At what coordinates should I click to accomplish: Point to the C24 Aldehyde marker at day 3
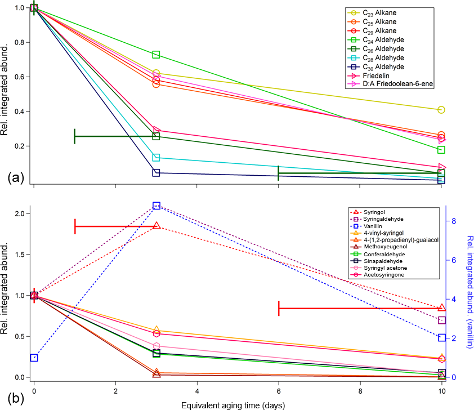coord(156,55)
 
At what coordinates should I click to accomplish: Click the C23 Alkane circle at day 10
coord(441,110)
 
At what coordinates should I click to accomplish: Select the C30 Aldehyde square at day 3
coord(156,173)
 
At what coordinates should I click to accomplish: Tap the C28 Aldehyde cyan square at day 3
coord(156,158)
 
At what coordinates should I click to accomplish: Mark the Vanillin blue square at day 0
coord(34,358)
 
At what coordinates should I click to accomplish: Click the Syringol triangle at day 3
coord(156,226)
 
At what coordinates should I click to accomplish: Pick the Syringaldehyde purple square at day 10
coord(441,320)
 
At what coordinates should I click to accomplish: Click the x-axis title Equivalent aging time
coord(232,404)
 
